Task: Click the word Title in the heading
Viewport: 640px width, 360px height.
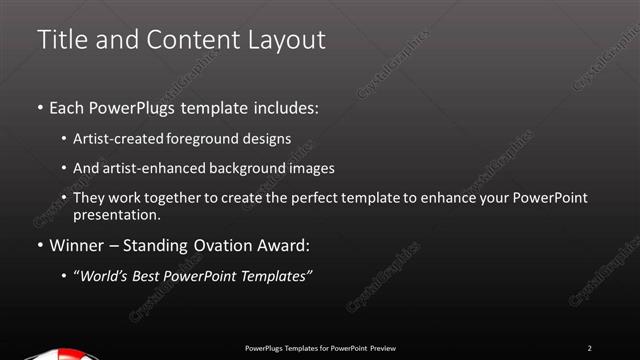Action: (x=59, y=40)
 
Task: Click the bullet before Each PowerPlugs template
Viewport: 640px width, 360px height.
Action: (x=39, y=106)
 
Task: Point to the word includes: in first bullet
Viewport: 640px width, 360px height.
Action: (x=284, y=106)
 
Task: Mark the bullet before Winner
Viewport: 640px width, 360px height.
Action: (x=39, y=245)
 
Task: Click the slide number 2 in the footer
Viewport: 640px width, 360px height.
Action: (x=590, y=348)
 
